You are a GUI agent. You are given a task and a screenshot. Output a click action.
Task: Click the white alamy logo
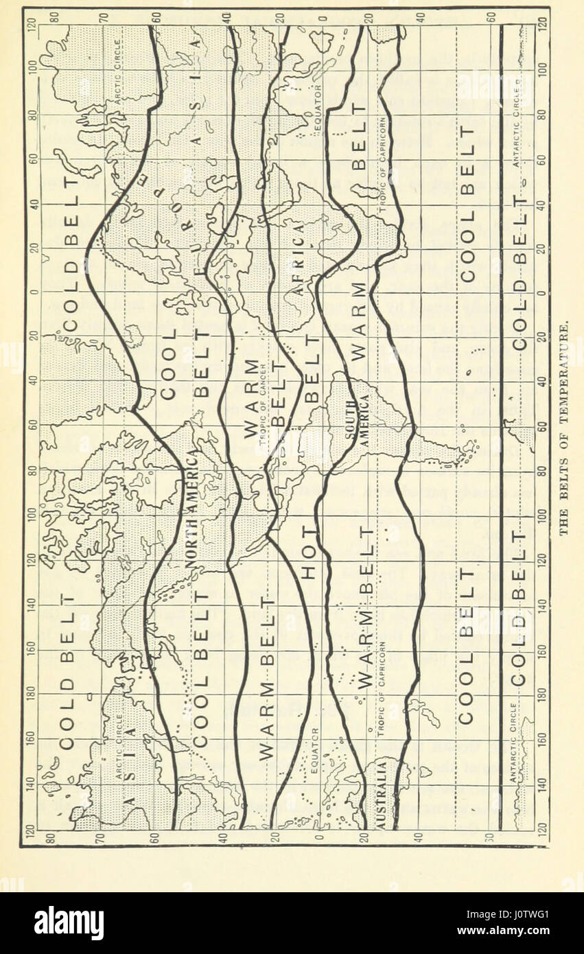coord(69,922)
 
